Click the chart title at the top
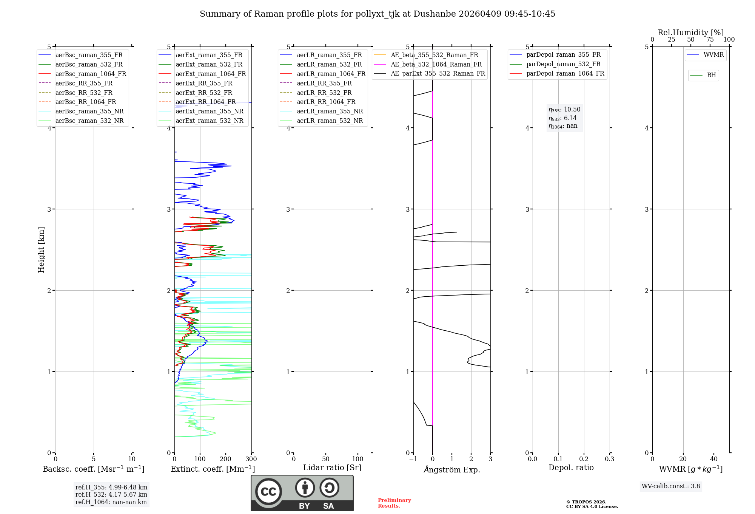point(377,14)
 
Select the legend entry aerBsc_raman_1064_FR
point(91,74)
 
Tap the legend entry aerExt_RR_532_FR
point(204,93)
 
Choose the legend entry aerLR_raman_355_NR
point(330,111)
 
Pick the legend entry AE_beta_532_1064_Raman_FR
point(436,64)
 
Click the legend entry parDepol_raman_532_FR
point(563,64)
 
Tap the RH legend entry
point(711,75)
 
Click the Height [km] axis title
point(41,250)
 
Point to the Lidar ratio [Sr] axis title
point(332,468)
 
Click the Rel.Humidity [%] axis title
point(690,33)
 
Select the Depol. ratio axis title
point(571,468)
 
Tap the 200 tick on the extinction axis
point(225,459)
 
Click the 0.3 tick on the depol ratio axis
point(609,459)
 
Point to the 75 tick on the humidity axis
point(710,40)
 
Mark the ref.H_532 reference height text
point(111,495)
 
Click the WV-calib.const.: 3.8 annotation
point(670,486)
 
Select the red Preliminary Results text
point(394,503)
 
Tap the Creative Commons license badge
point(302,493)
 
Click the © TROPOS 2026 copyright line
point(586,502)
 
